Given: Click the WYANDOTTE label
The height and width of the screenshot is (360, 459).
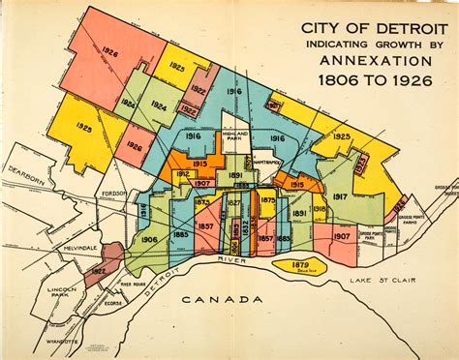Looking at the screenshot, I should tap(61, 342).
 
